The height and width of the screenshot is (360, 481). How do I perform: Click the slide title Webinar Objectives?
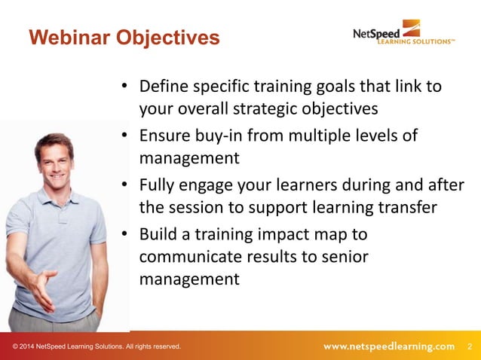click(x=124, y=37)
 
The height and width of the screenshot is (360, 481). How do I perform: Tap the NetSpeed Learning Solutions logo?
click(x=403, y=33)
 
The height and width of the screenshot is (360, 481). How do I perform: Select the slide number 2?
click(x=470, y=346)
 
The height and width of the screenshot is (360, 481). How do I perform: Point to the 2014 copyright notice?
click(x=97, y=346)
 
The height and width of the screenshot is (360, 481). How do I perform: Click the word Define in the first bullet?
click(x=163, y=86)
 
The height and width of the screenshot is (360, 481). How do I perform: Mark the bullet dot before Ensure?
click(x=124, y=136)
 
